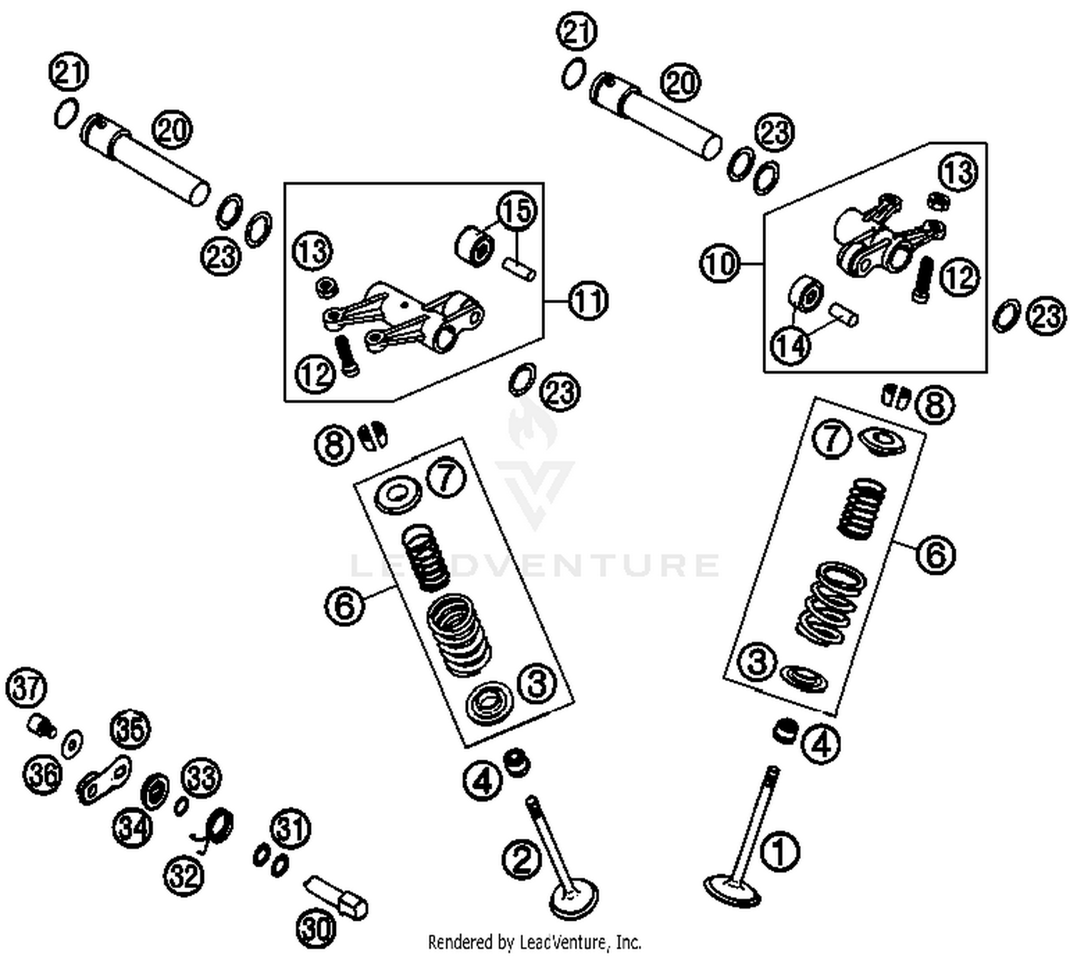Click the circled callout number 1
tap(780, 852)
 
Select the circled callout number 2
tap(522, 859)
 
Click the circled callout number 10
tap(719, 264)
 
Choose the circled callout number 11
tap(588, 301)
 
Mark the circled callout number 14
tap(791, 346)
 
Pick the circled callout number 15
tap(516, 210)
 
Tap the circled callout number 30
tap(315, 928)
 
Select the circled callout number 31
tap(290, 829)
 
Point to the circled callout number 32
tap(185, 874)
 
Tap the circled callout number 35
tap(131, 730)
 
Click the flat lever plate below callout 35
tap(104, 780)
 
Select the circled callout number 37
tap(26, 688)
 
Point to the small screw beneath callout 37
tap(42, 727)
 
